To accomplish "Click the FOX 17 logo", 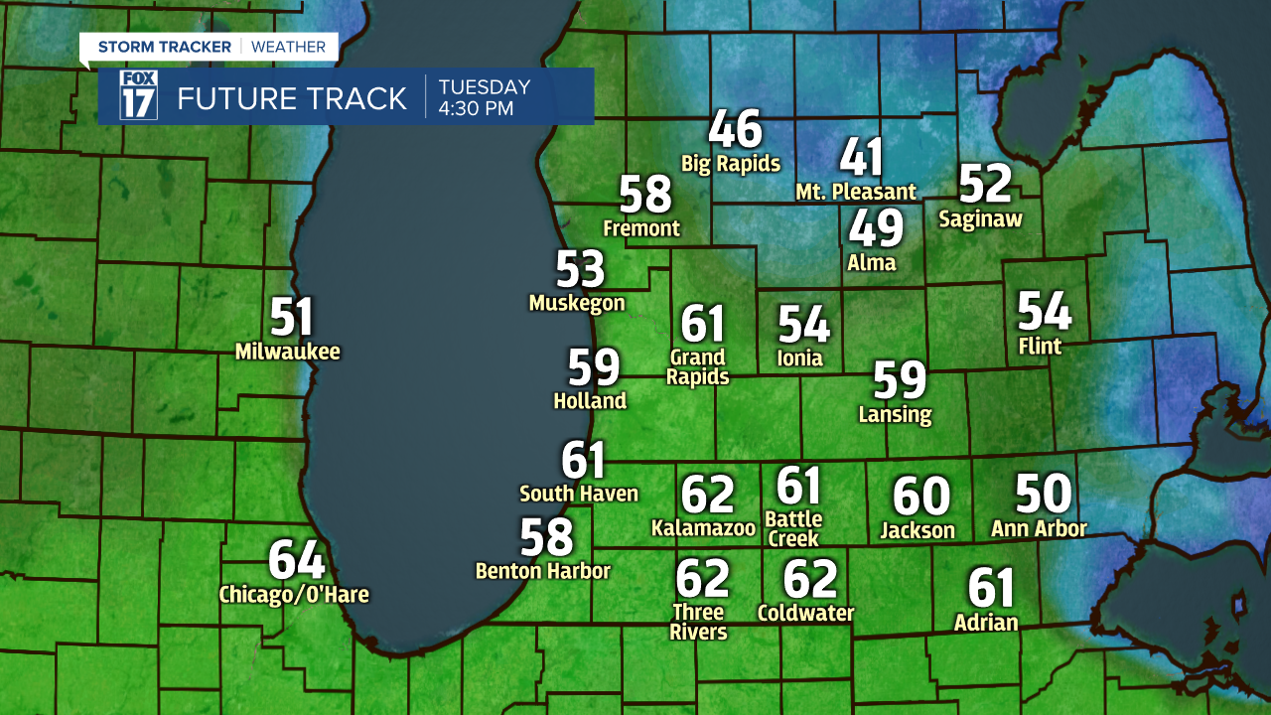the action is [138, 96].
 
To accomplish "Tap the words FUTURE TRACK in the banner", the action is [292, 98].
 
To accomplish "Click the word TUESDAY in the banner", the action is [485, 86].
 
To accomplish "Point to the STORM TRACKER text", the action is [165, 47].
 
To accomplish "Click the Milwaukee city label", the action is [288, 352].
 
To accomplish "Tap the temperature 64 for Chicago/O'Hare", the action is [297, 561].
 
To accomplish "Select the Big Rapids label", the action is [731, 164].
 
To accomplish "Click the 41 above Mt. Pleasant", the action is [861, 157].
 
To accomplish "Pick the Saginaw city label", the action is [980, 219].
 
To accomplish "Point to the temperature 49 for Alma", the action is [876, 228].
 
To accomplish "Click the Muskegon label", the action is [577, 303].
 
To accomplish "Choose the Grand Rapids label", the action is [698, 367].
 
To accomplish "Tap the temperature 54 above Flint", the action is [1045, 312].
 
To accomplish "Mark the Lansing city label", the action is [896, 414].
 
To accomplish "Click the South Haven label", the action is [579, 494].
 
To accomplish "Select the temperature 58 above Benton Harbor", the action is [547, 537].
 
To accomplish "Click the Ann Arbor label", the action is [1039, 529].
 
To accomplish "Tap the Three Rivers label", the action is [699, 622].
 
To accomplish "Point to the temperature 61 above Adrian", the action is [991, 588].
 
